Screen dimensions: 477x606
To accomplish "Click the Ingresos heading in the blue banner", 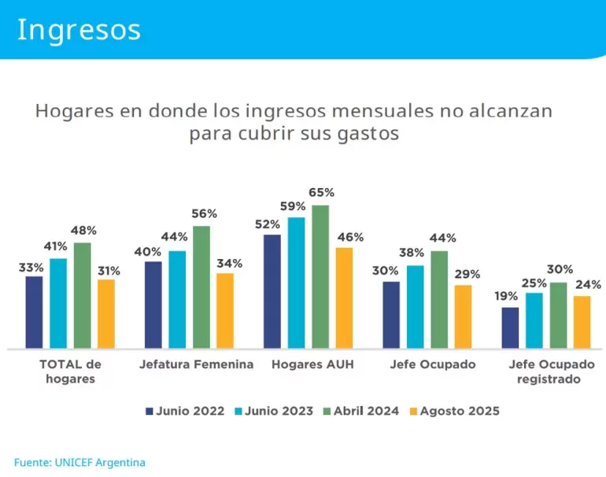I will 79,29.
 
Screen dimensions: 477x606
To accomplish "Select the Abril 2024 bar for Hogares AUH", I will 320,276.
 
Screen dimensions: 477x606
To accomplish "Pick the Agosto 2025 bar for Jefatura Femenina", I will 225,310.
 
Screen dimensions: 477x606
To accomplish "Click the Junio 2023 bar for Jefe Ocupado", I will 416,306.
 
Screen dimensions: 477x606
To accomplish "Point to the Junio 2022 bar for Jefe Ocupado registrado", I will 511,327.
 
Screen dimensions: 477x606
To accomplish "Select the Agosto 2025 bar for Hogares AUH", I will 344,298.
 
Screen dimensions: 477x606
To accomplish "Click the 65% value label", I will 321,193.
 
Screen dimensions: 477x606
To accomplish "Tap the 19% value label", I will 506,296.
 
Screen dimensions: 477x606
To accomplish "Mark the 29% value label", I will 467,273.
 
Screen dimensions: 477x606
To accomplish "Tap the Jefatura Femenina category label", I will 197,364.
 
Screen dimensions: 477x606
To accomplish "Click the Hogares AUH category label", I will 312,364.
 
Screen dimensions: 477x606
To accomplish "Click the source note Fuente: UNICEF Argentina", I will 79,462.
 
